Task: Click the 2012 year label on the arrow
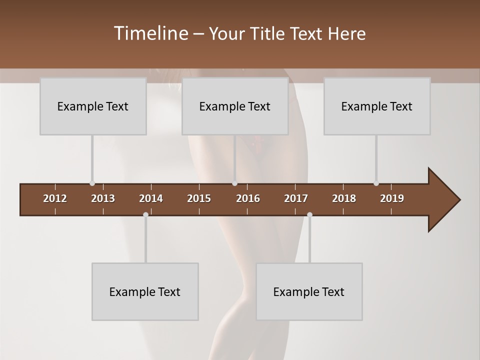tap(55, 198)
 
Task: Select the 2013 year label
tap(103, 198)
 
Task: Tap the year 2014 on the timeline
tap(151, 198)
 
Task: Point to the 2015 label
tap(199, 198)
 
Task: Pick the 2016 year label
tap(248, 198)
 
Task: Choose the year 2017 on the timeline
tap(296, 198)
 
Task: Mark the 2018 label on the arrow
tap(344, 198)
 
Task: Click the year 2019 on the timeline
tap(392, 198)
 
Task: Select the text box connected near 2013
tap(93, 106)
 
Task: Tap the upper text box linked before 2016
tap(235, 106)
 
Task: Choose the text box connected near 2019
tap(377, 106)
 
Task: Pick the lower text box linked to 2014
tap(145, 291)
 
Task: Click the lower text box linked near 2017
tap(309, 291)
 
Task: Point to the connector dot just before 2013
tap(92, 183)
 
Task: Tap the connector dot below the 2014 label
tap(145, 215)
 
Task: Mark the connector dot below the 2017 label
tap(309, 215)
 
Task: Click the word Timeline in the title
tap(150, 33)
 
